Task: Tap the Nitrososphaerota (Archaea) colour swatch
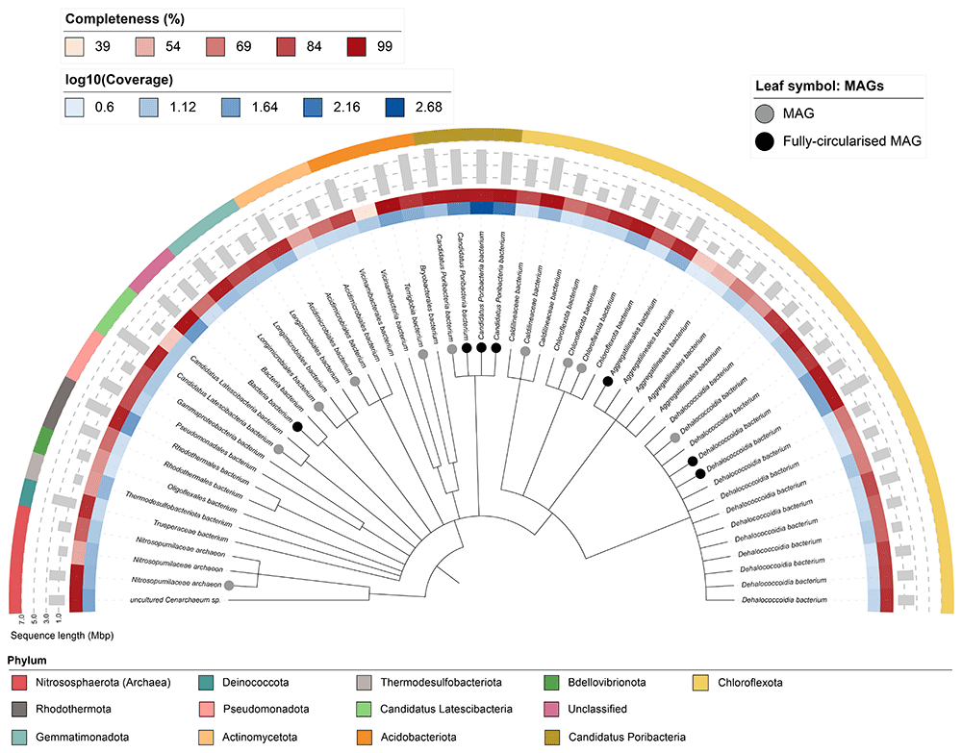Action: tap(20, 683)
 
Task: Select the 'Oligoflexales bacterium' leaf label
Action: tap(202, 498)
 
